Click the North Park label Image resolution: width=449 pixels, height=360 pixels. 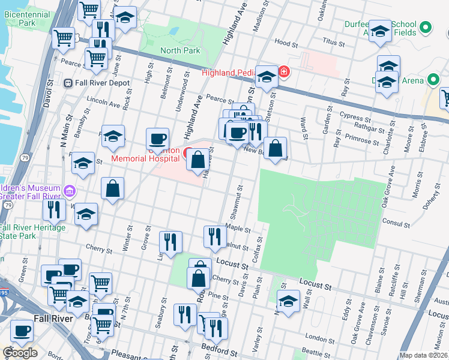(180, 51)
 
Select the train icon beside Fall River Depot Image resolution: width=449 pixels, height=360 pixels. (68, 83)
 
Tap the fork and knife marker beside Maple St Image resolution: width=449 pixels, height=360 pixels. (213, 236)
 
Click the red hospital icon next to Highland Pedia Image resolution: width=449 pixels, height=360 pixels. (284, 73)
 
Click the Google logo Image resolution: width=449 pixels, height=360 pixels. (20, 353)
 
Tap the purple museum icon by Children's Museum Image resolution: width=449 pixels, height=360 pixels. (70, 191)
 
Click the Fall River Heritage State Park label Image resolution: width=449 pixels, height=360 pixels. (32, 232)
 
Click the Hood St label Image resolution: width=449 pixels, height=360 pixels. (286, 44)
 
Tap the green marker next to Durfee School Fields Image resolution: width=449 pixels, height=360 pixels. (426, 27)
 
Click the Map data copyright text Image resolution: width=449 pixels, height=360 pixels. (424, 355)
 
